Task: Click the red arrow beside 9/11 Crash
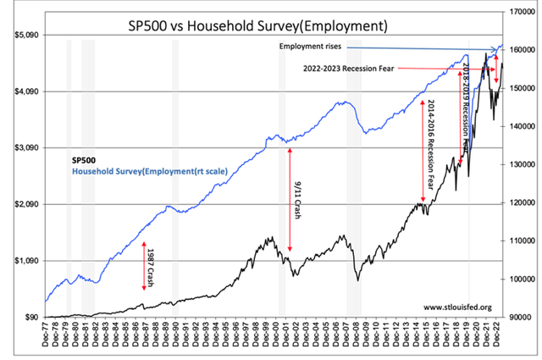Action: [x=290, y=199]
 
